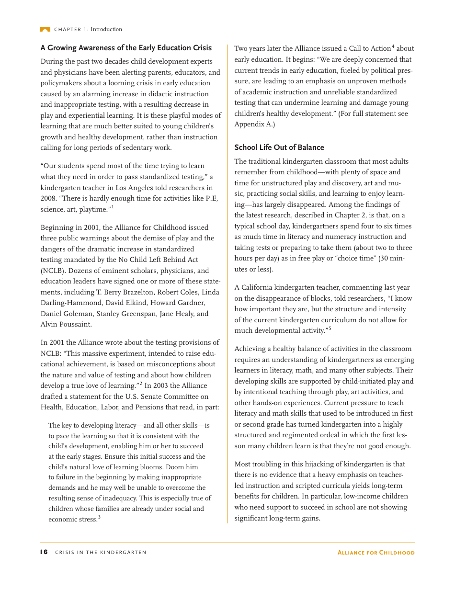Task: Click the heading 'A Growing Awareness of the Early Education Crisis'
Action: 126,48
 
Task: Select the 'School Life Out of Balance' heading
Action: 279,147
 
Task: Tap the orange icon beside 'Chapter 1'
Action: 45,30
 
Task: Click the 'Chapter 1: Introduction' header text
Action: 88,30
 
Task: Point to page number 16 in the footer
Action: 44,552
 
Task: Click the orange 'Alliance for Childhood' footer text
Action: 376,552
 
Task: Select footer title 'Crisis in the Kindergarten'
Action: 101,552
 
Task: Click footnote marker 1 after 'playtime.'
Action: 113,207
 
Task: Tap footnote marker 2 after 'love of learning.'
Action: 141,384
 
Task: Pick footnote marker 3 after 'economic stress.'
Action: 99,517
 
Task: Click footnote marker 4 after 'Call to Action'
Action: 393,46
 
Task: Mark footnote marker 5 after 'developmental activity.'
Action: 330,328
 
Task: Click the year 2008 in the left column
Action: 48,199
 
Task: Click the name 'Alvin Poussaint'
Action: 66,324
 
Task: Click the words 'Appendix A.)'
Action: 254,125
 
